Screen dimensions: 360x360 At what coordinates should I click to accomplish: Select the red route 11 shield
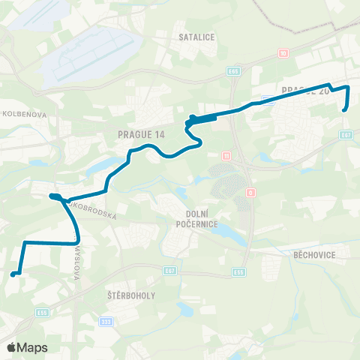[x=225, y=156]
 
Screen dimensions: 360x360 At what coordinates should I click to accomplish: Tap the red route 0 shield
[x=250, y=193]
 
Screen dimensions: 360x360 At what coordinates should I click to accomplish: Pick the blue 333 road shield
[x=106, y=320]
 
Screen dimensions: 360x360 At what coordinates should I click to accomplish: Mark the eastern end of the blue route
[x=344, y=110]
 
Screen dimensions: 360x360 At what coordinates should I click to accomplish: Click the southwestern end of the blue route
[x=13, y=275]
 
